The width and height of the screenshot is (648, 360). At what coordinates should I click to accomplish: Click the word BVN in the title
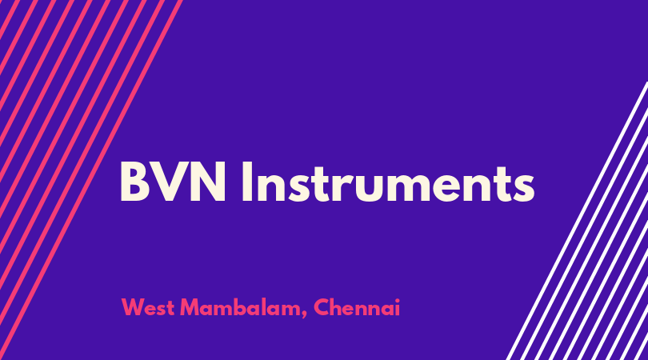(173, 182)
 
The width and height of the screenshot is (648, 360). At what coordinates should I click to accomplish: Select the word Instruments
(388, 182)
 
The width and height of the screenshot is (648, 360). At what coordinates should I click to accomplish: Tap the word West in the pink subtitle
(147, 307)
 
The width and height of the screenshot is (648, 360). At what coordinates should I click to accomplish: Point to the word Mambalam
(241, 307)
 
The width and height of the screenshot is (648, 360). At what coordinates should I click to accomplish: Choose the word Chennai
(357, 307)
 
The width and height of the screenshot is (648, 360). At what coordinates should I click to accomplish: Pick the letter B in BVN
(135, 182)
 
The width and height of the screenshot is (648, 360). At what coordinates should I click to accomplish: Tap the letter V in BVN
(170, 182)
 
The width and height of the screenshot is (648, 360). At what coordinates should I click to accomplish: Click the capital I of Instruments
(246, 182)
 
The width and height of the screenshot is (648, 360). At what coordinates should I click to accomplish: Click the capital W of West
(133, 307)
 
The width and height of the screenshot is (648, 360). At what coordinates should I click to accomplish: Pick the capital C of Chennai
(322, 307)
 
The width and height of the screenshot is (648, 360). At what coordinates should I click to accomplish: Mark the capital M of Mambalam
(190, 307)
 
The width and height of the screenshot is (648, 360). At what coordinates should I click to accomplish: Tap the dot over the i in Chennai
(397, 300)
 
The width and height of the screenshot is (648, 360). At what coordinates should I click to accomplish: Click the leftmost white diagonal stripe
(578, 221)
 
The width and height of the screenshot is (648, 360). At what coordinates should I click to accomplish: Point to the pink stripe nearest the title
(91, 180)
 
